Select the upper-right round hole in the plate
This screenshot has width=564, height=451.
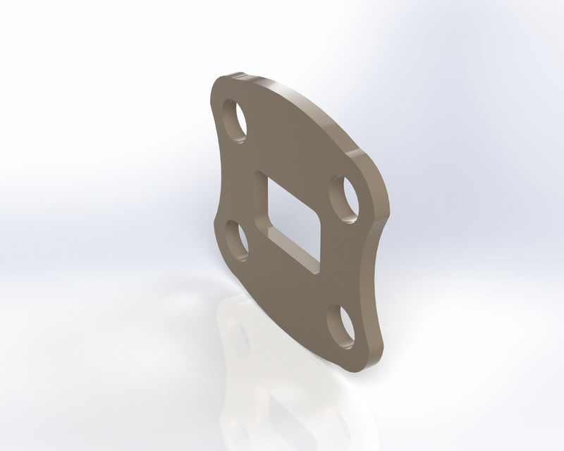[x=345, y=199]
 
